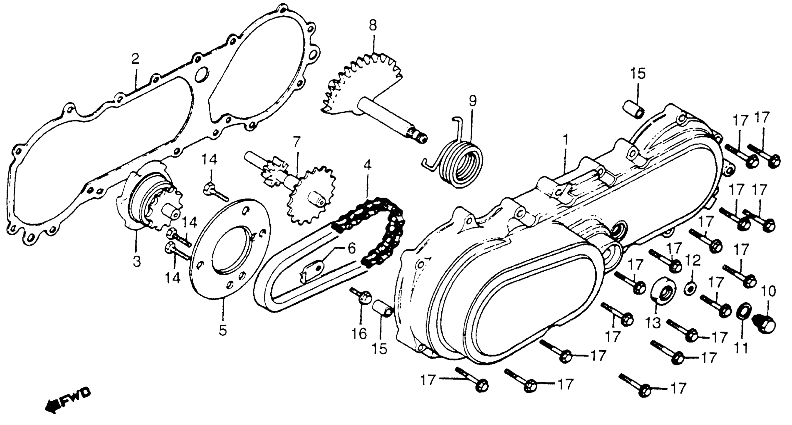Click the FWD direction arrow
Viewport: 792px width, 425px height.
[x=68, y=402]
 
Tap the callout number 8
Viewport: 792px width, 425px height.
[x=373, y=26]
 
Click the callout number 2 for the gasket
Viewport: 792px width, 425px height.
[x=135, y=59]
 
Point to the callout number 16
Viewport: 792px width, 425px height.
[x=359, y=333]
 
